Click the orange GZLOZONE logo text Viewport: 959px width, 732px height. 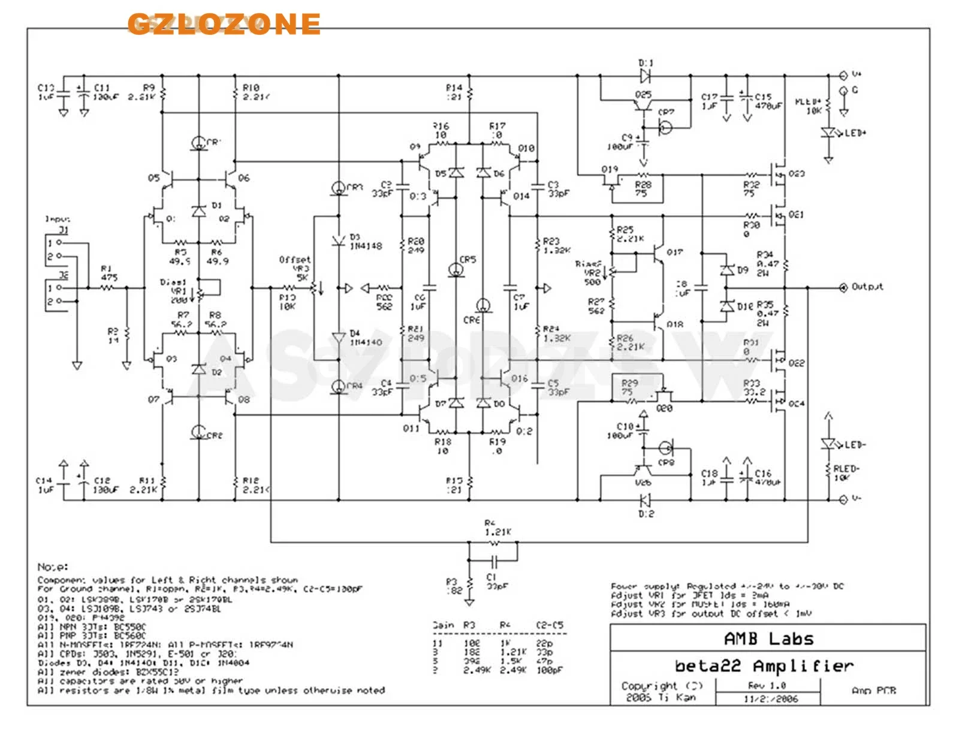tap(224, 23)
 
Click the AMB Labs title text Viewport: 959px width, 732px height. tap(768, 638)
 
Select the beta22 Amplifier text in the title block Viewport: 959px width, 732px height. tap(764, 666)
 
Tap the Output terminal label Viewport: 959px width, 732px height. tap(867, 287)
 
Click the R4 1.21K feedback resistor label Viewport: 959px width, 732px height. tap(497, 528)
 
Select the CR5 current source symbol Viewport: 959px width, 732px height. tap(457, 270)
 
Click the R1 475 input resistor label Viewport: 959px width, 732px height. tap(108, 273)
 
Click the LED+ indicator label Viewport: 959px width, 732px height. tap(855, 132)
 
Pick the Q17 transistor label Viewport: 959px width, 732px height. tap(674, 252)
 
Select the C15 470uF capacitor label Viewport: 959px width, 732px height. tap(768, 101)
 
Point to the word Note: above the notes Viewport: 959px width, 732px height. tap(53, 567)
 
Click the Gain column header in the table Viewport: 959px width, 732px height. tap(443, 625)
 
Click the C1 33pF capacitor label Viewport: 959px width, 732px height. tap(495, 582)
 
